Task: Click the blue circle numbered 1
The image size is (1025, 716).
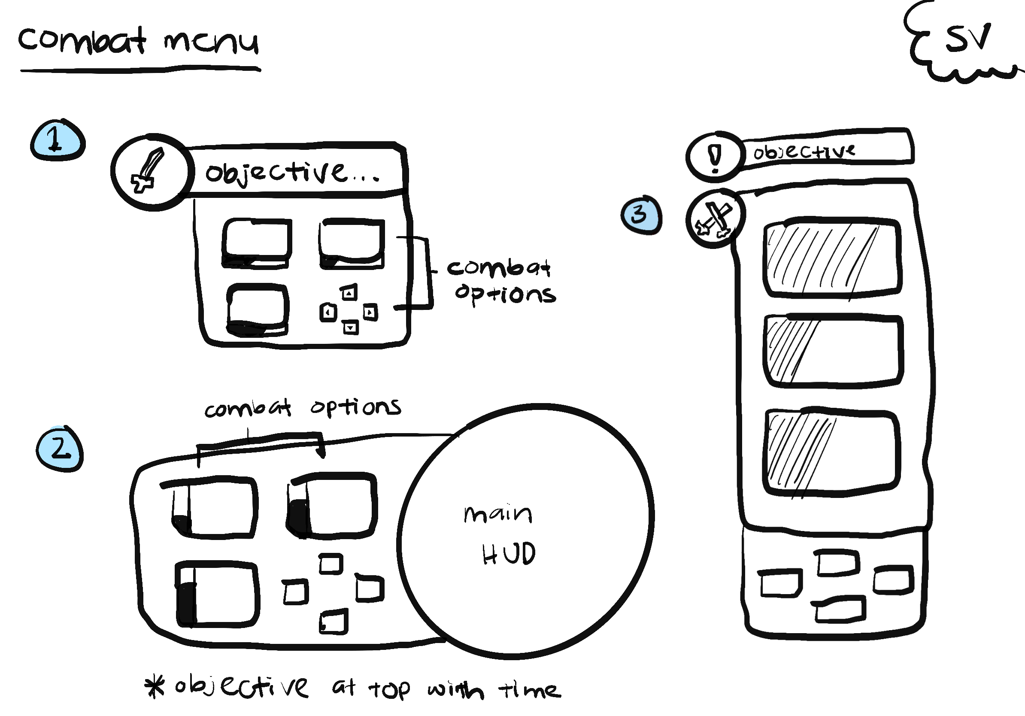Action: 57,140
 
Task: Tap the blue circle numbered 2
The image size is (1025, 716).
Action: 60,449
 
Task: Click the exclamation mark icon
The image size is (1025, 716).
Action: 715,157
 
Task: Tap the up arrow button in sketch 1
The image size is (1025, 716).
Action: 349,293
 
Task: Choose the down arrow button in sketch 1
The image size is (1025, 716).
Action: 350,328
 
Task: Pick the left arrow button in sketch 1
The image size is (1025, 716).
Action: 328,312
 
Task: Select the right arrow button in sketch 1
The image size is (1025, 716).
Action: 370,312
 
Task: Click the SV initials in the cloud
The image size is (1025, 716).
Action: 967,38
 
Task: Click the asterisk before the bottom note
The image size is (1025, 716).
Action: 155,687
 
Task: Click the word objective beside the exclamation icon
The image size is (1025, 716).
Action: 804,152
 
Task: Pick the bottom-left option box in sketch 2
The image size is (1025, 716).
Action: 217,595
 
